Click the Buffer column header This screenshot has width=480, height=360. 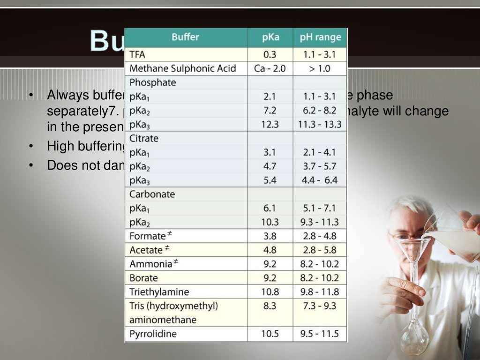pyautogui.click(x=185, y=37)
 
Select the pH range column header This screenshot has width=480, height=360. pyautogui.click(x=321, y=37)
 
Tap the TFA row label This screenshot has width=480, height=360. pyautogui.click(x=137, y=54)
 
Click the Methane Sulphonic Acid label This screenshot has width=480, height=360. pyautogui.click(x=182, y=68)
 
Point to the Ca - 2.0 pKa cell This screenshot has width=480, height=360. pyautogui.click(x=270, y=68)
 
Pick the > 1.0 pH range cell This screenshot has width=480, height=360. pyautogui.click(x=320, y=68)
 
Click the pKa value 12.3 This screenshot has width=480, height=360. pyautogui.click(x=270, y=124)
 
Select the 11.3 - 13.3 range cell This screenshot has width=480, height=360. pyautogui.click(x=320, y=124)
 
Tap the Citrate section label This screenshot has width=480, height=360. pyautogui.click(x=144, y=138)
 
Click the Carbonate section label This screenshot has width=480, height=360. pyautogui.click(x=152, y=194)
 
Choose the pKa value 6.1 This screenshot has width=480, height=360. pyautogui.click(x=270, y=208)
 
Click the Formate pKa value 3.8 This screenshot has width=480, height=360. pyautogui.click(x=270, y=236)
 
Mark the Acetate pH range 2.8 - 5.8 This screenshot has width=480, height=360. pyautogui.click(x=320, y=250)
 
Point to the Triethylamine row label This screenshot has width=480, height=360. pyautogui.click(x=159, y=292)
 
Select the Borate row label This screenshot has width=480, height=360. pyautogui.click(x=144, y=278)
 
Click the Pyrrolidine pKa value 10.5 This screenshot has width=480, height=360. pyautogui.click(x=270, y=334)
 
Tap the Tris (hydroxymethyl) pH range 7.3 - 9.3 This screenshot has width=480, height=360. pyautogui.click(x=320, y=306)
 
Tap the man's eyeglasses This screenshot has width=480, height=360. pyautogui.click(x=405, y=235)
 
